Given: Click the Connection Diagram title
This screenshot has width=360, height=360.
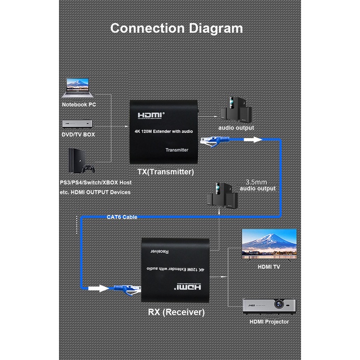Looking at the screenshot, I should [176, 28].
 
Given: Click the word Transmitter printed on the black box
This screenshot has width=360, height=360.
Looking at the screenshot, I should [176, 150].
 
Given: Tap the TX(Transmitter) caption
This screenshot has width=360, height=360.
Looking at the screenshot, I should [162, 172].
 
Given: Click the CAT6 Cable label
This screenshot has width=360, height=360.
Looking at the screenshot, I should [122, 217].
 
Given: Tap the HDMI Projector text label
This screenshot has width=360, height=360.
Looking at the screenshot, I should [269, 322].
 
